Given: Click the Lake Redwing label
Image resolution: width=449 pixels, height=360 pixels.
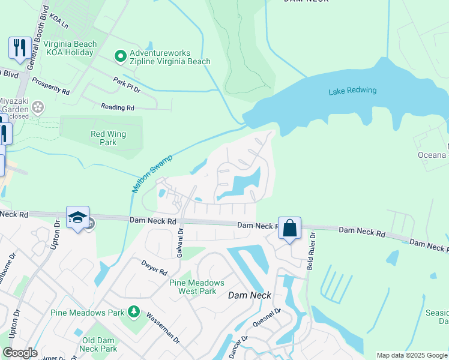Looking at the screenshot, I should (x=352, y=91).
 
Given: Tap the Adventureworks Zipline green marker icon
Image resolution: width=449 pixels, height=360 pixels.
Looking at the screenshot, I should (x=120, y=56).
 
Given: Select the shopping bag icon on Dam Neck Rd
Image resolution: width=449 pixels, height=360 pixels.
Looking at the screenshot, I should (x=289, y=228).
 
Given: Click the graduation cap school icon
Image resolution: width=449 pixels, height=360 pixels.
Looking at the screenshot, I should (x=77, y=217).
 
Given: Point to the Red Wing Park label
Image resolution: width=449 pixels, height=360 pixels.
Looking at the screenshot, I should (x=107, y=139).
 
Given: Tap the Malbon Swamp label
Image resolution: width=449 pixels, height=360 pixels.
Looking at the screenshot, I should (x=152, y=174).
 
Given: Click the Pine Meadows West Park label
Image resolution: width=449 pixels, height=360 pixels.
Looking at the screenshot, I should (x=196, y=287).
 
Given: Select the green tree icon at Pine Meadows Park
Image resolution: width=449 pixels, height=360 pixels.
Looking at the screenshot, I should (x=133, y=312).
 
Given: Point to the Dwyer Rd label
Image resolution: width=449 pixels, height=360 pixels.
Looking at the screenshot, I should (x=154, y=267).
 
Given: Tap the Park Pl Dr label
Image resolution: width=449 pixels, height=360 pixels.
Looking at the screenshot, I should (x=127, y=85).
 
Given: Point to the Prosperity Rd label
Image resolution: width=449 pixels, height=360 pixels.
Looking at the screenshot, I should (x=51, y=86).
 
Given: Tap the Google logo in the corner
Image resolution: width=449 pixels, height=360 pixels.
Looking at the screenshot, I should (x=20, y=353).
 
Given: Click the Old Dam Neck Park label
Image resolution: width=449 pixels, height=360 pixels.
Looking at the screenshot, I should (x=99, y=344).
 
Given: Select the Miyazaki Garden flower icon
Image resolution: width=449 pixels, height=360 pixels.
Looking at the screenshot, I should (x=38, y=107).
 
